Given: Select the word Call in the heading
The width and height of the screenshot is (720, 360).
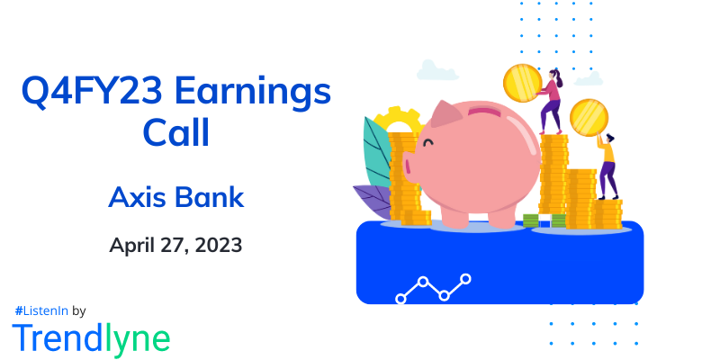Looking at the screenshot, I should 176,134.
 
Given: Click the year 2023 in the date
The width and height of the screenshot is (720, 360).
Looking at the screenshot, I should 215,245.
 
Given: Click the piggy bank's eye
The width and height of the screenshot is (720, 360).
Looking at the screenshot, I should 428,141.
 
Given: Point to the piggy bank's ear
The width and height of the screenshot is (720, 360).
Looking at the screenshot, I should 446,115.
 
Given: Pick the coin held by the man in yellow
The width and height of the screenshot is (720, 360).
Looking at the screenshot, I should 589,117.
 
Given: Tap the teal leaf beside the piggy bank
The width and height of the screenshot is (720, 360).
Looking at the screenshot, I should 376,152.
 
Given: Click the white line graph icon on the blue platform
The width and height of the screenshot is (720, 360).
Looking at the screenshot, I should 433,288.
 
